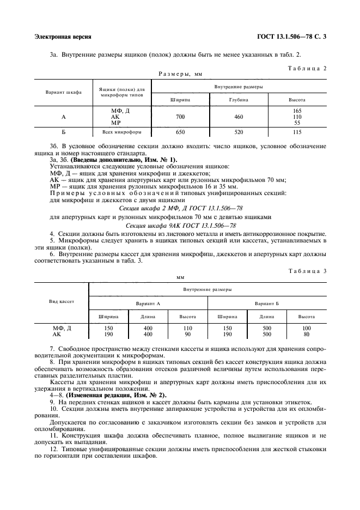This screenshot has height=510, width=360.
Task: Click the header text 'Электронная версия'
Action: point(62,37)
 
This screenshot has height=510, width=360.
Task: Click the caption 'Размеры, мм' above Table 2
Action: point(180,74)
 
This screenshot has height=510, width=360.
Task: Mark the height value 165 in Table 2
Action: point(297,111)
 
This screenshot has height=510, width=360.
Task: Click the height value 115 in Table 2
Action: point(297,132)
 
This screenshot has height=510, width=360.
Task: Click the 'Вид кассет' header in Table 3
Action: point(62,301)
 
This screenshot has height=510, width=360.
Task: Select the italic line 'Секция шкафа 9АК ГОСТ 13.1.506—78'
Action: point(180,224)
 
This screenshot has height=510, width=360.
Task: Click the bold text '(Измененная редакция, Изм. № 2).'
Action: point(117,394)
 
